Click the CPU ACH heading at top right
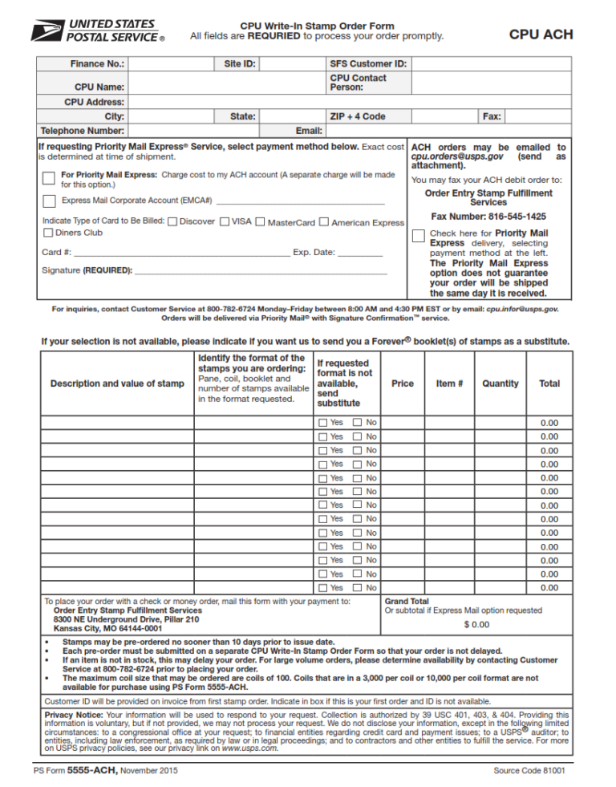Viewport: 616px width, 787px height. pyautogui.click(x=541, y=34)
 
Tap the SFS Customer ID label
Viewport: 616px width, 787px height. pyautogui.click(x=368, y=63)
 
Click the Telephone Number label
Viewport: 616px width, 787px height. pyautogui.click(x=82, y=130)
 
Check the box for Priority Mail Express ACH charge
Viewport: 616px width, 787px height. pyautogui.click(x=50, y=178)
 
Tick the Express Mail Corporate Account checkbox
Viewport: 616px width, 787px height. pyautogui.click(x=50, y=201)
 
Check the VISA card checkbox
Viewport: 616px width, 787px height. pyautogui.click(x=225, y=221)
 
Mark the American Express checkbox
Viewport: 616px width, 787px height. pyautogui.click(x=324, y=221)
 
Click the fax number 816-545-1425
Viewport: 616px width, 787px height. pyautogui.click(x=488, y=217)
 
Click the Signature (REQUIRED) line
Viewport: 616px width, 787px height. pyautogui.click(x=261, y=270)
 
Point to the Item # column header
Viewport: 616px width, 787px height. pyautogui.click(x=449, y=383)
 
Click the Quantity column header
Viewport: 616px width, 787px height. pyautogui.click(x=500, y=383)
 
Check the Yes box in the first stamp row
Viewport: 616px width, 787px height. pyautogui.click(x=322, y=423)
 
